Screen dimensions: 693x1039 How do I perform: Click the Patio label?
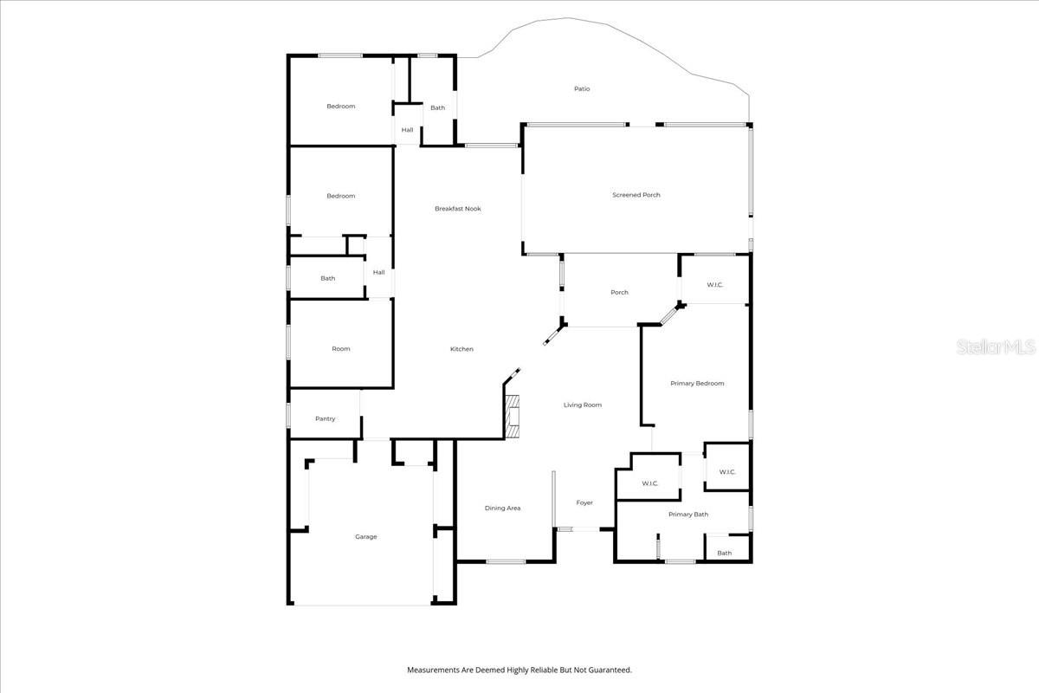pyautogui.click(x=582, y=89)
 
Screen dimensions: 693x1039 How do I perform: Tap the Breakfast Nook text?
pyautogui.click(x=457, y=209)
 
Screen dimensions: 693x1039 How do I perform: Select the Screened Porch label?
pyautogui.click(x=636, y=195)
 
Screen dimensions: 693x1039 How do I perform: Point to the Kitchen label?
pyautogui.click(x=461, y=349)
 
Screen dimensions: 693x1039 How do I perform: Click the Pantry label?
pyautogui.click(x=325, y=419)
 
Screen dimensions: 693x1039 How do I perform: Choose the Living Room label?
pyautogui.click(x=583, y=405)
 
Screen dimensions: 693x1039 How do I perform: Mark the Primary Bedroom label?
pyautogui.click(x=697, y=383)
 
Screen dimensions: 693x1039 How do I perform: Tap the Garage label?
pyautogui.click(x=365, y=537)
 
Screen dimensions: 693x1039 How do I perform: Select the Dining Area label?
pyautogui.click(x=502, y=508)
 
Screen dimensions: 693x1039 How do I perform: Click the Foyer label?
pyautogui.click(x=585, y=503)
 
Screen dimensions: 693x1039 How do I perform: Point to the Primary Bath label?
pyautogui.click(x=688, y=515)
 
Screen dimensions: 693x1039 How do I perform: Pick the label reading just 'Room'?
pyautogui.click(x=341, y=349)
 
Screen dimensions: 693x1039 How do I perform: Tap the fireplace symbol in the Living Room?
pyautogui.click(x=513, y=415)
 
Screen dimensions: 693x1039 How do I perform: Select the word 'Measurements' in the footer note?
pyautogui.click(x=435, y=670)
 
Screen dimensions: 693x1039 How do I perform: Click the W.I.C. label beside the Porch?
pyautogui.click(x=714, y=284)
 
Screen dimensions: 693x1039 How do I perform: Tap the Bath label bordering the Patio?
pyautogui.click(x=438, y=108)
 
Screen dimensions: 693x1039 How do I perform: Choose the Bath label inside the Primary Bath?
pyautogui.click(x=724, y=553)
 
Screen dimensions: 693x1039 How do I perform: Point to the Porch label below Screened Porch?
pyautogui.click(x=619, y=293)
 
